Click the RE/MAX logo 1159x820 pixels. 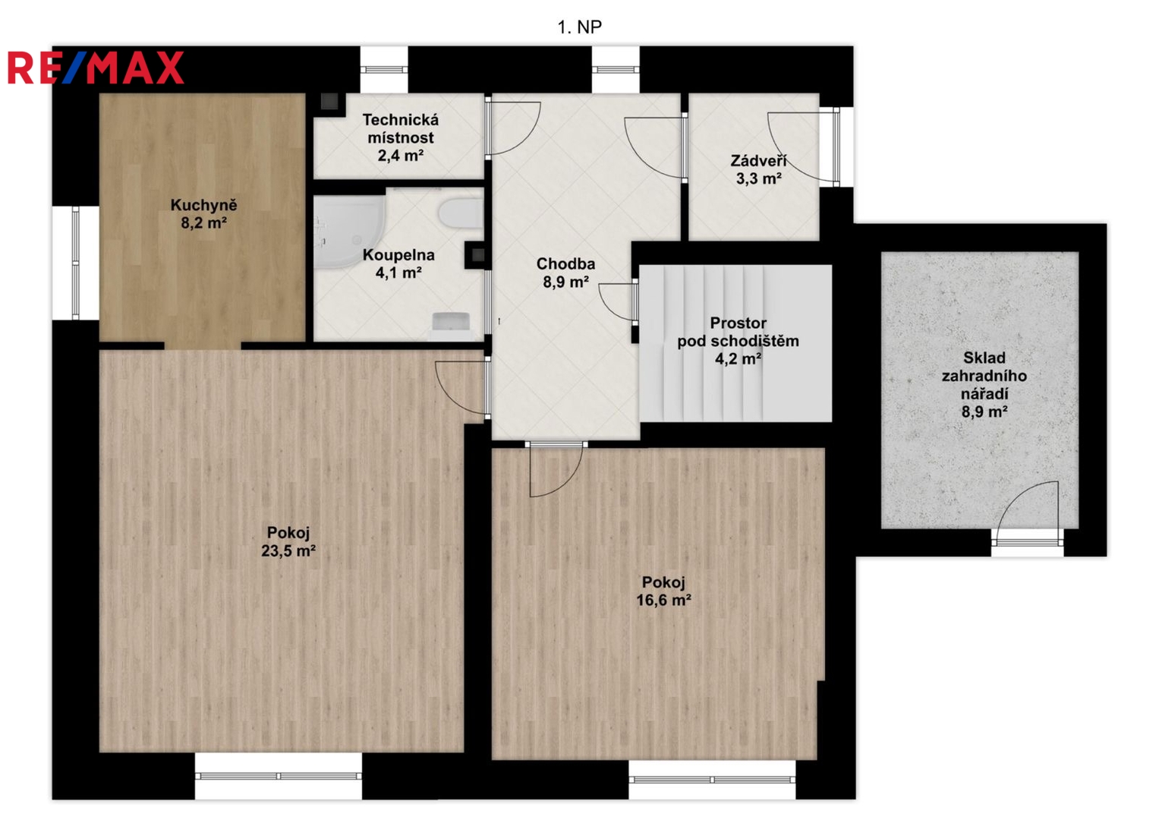(x=96, y=68)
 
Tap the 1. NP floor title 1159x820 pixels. (x=580, y=27)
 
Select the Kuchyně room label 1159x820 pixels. (x=204, y=205)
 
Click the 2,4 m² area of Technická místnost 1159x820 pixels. (x=401, y=156)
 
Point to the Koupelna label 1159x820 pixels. (x=398, y=254)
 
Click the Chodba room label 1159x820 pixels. (x=565, y=263)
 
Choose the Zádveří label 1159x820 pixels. (x=758, y=160)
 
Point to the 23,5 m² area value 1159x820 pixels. (x=288, y=550)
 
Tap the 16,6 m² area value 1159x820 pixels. (x=664, y=600)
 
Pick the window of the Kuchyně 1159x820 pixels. (x=76, y=263)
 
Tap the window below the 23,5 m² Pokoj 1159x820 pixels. (x=279, y=776)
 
